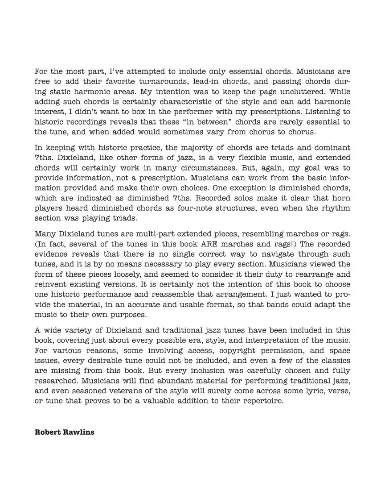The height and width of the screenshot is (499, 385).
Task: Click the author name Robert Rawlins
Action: tap(64, 432)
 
